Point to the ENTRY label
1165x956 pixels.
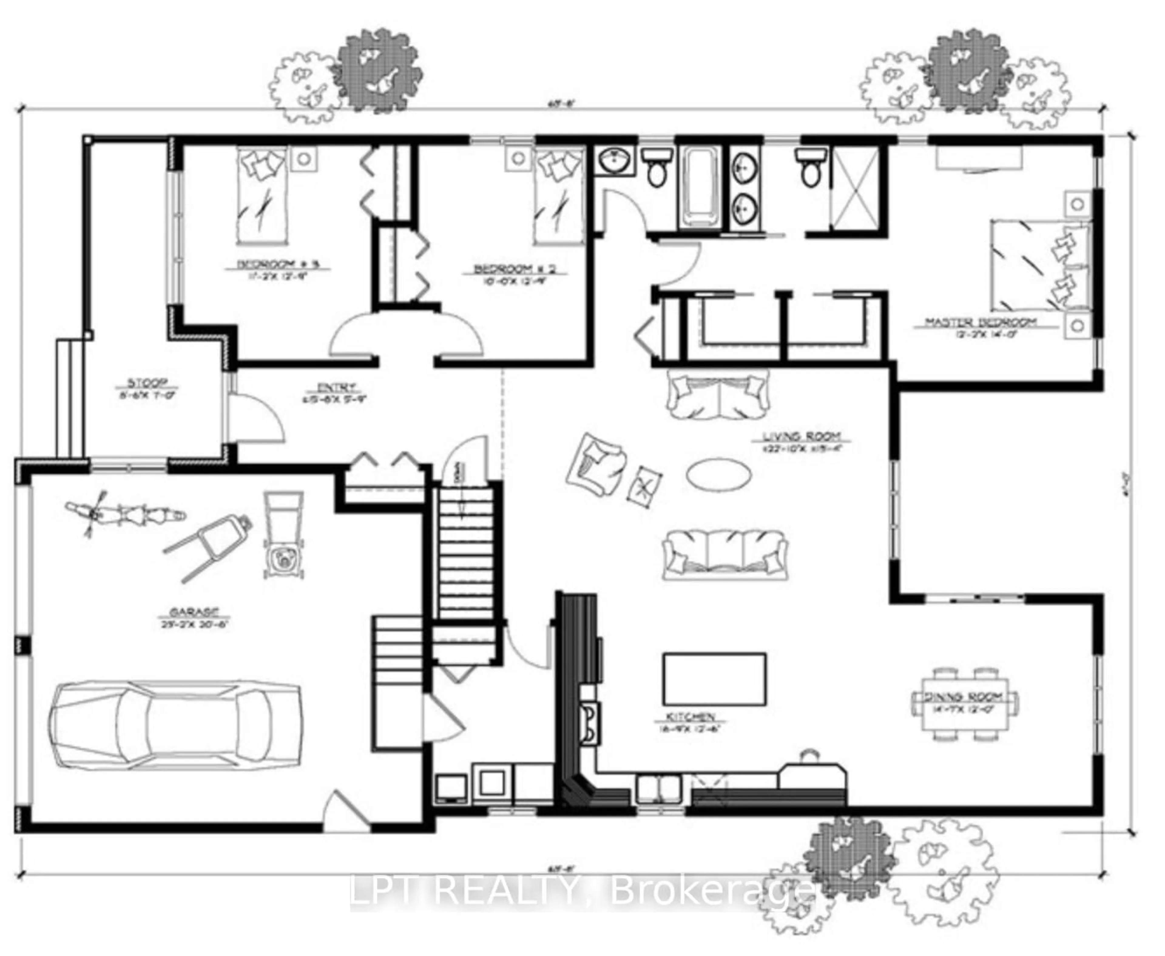click(336, 387)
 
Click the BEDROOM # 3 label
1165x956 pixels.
click(278, 264)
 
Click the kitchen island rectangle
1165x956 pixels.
click(714, 679)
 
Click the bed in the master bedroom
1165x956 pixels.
click(1039, 266)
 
